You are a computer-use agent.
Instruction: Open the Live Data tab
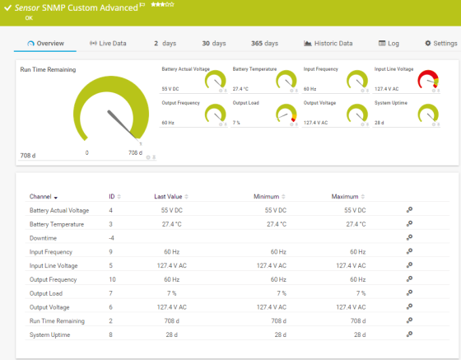pos(108,43)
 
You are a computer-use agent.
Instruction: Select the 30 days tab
pos(213,43)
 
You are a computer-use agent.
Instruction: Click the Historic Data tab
pos(328,43)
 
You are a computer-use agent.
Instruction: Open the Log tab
pos(389,43)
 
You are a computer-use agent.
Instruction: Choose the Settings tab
pos(440,43)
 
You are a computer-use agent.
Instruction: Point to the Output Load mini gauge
pos(286,113)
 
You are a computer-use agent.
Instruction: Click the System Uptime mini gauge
pos(429,113)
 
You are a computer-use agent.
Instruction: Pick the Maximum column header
pos(345,197)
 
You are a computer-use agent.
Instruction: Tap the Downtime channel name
pos(42,238)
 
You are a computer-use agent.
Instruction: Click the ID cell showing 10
pos(112,279)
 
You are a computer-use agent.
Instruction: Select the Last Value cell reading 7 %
pos(171,293)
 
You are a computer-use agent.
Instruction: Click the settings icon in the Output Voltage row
pos(409,307)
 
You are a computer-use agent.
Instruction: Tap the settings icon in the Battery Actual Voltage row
pos(409,210)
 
